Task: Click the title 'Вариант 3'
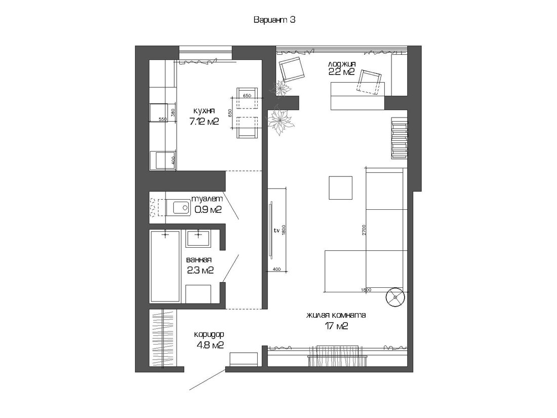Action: pos(274,20)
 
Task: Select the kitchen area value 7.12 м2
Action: pos(204,122)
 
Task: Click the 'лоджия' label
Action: pos(342,64)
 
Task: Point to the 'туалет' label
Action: pos(207,199)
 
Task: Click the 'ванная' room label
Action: pos(200,260)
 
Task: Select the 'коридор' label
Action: pos(209,334)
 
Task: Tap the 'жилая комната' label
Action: pos(336,315)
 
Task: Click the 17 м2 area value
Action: pos(336,326)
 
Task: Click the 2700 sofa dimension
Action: pos(364,230)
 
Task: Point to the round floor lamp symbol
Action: pos(395,296)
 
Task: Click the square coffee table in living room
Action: pos(340,187)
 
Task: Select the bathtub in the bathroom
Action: pos(165,266)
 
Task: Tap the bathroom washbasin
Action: pos(198,239)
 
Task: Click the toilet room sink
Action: pos(181,207)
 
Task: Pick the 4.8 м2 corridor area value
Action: pos(210,345)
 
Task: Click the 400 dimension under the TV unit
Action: pos(276,269)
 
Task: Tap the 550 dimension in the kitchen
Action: pos(163,120)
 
